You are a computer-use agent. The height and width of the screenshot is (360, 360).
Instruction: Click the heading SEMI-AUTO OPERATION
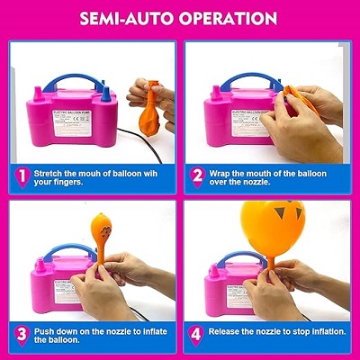[x=180, y=17]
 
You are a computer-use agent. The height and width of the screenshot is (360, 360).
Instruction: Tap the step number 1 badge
[x=19, y=176]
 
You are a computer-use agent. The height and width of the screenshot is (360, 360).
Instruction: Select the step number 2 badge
[x=196, y=176]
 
